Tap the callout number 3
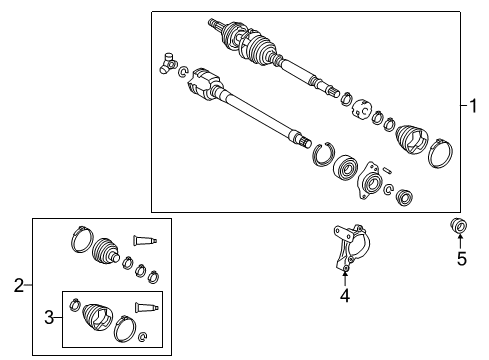click(49, 317)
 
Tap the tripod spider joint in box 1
click(165, 64)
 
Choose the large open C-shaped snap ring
click(322, 154)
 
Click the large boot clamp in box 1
click(441, 156)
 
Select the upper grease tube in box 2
click(147, 239)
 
